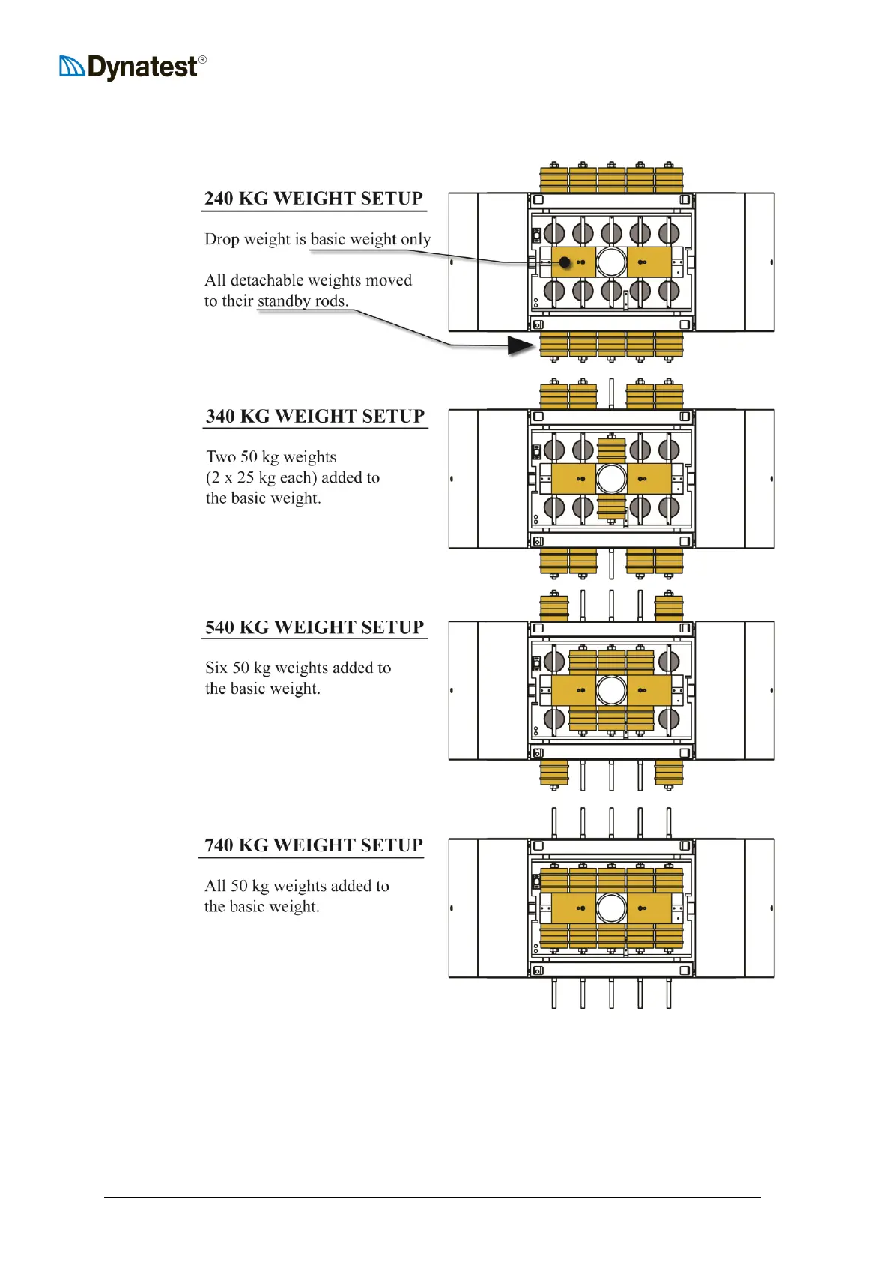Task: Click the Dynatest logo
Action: [131, 67]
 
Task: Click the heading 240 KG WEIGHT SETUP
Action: [314, 199]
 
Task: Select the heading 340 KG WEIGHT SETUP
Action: [315, 417]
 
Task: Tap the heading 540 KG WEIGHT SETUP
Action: [315, 627]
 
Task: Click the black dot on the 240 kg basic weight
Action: [565, 262]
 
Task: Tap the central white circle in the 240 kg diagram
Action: [611, 262]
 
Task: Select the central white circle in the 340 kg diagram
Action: [611, 478]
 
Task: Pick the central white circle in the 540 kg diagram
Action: [611, 690]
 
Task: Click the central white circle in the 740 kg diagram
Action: [611, 908]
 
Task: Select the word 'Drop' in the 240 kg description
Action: [222, 240]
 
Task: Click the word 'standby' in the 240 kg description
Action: [283, 301]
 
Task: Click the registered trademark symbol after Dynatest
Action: [202, 60]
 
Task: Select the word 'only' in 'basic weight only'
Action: [416, 240]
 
